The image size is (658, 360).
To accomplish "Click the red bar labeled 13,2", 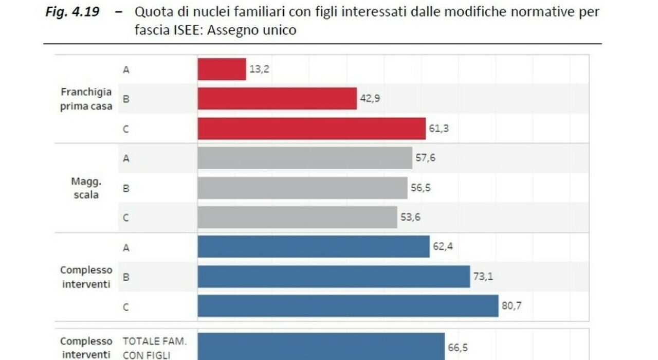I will (222, 69).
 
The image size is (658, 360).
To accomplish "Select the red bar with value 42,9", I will (277, 98).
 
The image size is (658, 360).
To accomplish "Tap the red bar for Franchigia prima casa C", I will (312, 129).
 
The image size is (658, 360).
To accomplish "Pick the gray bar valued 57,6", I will (305, 158).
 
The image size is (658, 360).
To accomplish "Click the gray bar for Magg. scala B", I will (302, 188).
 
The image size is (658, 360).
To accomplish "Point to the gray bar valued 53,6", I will (297, 218).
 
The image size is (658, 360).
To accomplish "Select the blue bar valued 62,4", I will (314, 247).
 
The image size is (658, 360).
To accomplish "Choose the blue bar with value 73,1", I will (334, 277).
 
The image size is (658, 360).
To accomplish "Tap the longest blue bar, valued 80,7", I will (348, 306).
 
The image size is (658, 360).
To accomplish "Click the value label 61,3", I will (438, 129).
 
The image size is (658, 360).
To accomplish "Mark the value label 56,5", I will (421, 188).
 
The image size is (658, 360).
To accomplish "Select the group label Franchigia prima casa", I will (86, 99).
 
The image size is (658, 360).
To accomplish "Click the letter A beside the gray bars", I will (126, 158).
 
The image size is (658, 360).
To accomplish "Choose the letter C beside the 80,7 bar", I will (126, 307).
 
